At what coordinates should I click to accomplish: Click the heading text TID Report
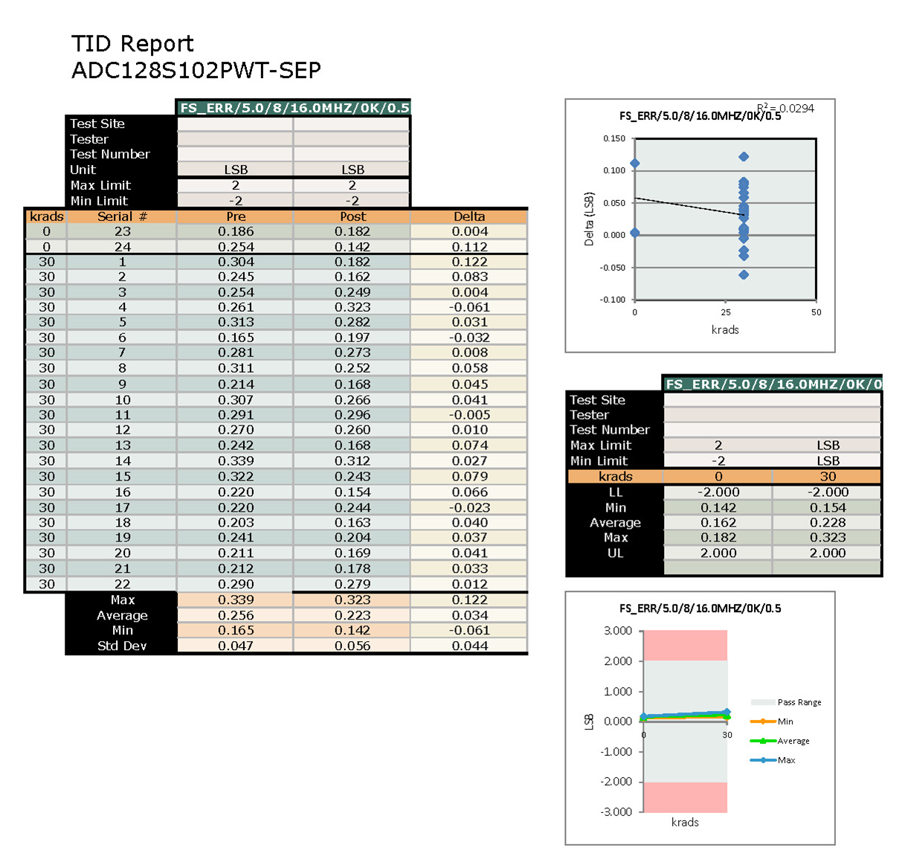(132, 44)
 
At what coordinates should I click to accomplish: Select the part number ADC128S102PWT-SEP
(196, 71)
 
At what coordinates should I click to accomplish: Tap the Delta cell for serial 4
(469, 307)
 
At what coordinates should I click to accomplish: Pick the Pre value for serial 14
(236, 461)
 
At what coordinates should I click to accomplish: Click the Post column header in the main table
(352, 216)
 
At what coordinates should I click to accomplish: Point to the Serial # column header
(122, 216)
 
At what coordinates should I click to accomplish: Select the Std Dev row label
(122, 646)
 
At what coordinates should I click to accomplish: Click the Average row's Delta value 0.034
(469, 615)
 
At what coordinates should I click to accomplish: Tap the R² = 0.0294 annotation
(786, 109)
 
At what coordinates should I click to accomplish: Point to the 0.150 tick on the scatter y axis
(614, 138)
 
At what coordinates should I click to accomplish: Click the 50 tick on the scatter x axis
(816, 312)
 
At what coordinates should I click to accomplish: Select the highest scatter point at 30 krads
(744, 157)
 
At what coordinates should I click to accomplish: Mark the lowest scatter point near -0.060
(744, 275)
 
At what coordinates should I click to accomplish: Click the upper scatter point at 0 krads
(635, 164)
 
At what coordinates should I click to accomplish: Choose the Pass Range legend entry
(799, 702)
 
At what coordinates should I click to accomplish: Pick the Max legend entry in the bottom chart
(786, 760)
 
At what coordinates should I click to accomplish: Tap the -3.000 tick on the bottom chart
(616, 811)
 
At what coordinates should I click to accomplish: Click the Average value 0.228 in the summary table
(827, 523)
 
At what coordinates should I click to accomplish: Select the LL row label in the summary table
(615, 492)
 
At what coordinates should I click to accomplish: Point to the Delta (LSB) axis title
(589, 219)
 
